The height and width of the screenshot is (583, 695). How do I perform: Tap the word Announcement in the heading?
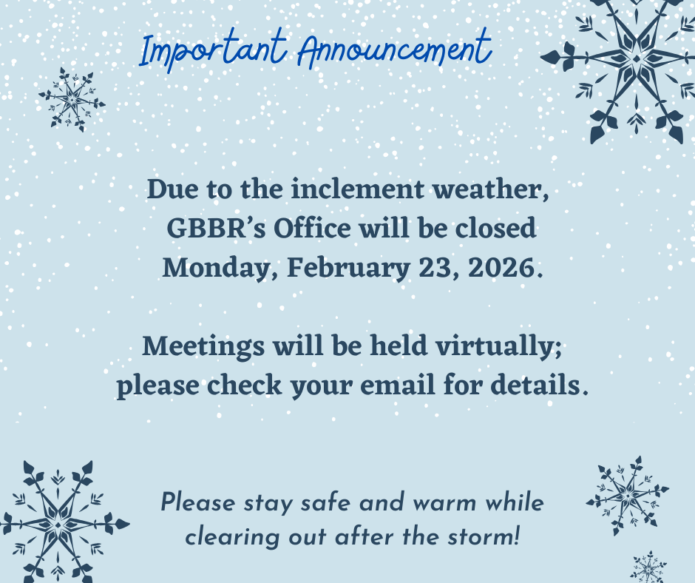(x=395, y=50)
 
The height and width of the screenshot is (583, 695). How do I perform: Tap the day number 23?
(x=434, y=267)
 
